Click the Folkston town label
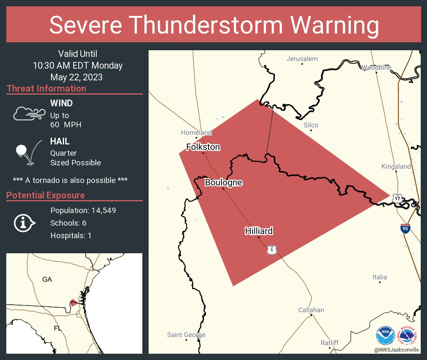203,147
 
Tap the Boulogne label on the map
224,183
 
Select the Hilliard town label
259,231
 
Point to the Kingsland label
396,167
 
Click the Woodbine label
376,67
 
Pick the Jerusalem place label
302,59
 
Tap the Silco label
311,125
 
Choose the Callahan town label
311,310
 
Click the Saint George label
186,335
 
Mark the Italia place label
380,277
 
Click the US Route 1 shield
272,250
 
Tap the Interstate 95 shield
405,228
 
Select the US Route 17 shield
397,197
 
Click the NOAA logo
385,336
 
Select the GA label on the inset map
47,279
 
